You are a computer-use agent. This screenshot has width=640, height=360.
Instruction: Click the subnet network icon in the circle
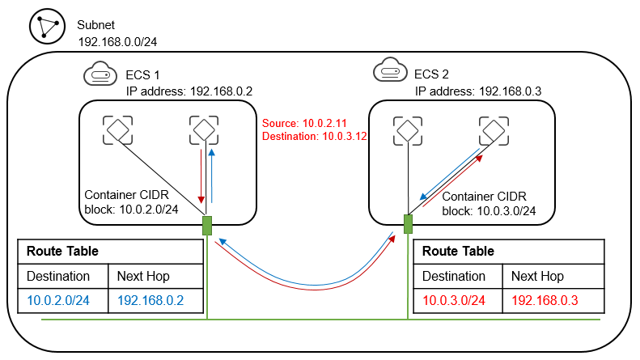click(x=46, y=27)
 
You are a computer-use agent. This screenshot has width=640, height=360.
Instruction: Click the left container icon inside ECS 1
click(x=117, y=129)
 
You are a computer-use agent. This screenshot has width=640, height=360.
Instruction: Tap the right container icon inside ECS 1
click(x=203, y=129)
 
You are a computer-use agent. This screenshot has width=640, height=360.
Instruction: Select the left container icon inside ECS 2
click(x=407, y=129)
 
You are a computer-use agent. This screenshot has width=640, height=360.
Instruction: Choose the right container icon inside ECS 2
click(x=492, y=129)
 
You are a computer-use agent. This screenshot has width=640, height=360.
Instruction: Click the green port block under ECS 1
click(x=207, y=224)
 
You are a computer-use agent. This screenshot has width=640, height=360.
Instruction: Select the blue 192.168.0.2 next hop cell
click(x=150, y=301)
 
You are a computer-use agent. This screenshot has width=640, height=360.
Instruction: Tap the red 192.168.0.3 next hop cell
click(x=545, y=301)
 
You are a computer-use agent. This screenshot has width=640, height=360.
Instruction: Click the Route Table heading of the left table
click(x=62, y=251)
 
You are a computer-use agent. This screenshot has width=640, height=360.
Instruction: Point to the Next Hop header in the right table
click(x=539, y=276)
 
